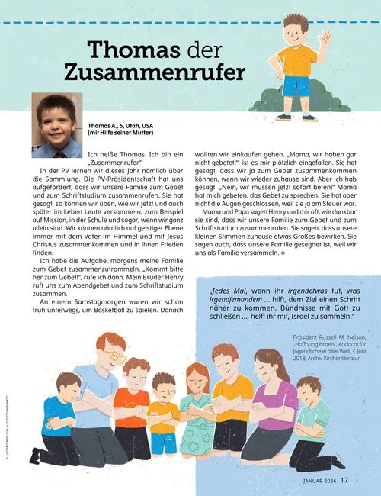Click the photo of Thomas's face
coord(56,116)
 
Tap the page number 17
coord(345,480)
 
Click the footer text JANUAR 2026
coord(313,480)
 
